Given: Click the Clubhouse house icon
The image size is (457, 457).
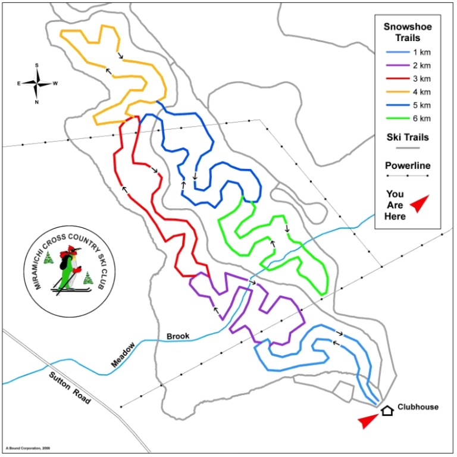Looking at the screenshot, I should [387, 409].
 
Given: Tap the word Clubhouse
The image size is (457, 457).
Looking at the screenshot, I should [418, 407].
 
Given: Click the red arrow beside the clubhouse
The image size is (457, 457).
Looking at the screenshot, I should [368, 421].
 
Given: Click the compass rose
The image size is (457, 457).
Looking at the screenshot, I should [37, 83].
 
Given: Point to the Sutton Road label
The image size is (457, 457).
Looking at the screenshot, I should [70, 389].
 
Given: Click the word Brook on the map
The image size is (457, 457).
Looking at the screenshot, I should [178, 336].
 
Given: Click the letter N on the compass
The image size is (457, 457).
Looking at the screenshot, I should [37, 102].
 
